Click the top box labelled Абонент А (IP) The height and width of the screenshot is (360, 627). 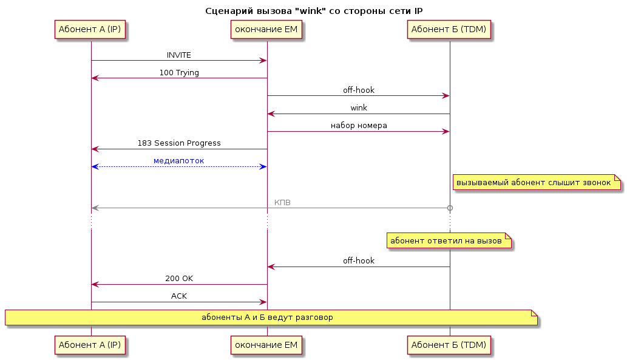(90, 30)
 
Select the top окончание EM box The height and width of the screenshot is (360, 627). (266, 30)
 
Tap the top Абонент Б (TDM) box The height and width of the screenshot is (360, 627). (449, 30)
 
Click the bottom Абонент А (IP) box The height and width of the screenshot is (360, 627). (90, 345)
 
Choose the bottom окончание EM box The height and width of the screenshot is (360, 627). (266, 345)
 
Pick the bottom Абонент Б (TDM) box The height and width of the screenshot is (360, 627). (449, 345)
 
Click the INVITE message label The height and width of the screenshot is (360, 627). (178, 55)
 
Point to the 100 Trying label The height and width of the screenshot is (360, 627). (178, 73)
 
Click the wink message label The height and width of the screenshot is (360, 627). (359, 108)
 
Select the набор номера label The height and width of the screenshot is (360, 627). (359, 126)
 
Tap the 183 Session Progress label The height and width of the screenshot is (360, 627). (178, 143)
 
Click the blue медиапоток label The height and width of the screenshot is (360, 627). (178, 161)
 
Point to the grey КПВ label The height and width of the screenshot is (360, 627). (282, 203)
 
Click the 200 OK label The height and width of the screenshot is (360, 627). (178, 279)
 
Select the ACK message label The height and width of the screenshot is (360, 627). (178, 296)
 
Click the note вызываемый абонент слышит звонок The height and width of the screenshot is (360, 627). (537, 182)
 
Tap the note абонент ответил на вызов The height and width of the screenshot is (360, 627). (449, 241)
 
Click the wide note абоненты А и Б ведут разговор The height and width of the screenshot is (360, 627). (271, 318)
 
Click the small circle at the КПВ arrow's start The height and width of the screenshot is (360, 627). (450, 208)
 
